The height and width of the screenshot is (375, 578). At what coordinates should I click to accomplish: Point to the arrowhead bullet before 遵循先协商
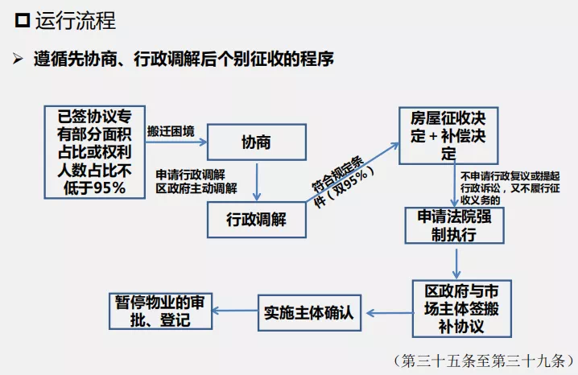pos(17,60)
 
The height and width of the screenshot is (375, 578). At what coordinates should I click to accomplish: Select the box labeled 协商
pos(256,143)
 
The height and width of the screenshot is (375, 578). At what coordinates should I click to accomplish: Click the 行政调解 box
pos(256,219)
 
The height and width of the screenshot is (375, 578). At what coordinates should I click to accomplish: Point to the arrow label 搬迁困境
pos(171,130)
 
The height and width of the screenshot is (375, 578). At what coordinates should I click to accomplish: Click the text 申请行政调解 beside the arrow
pos(191,175)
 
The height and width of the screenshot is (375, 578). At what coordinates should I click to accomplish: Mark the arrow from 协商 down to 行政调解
pos(256,182)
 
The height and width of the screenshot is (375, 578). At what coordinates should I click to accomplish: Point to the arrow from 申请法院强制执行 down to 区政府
pos(456,262)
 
